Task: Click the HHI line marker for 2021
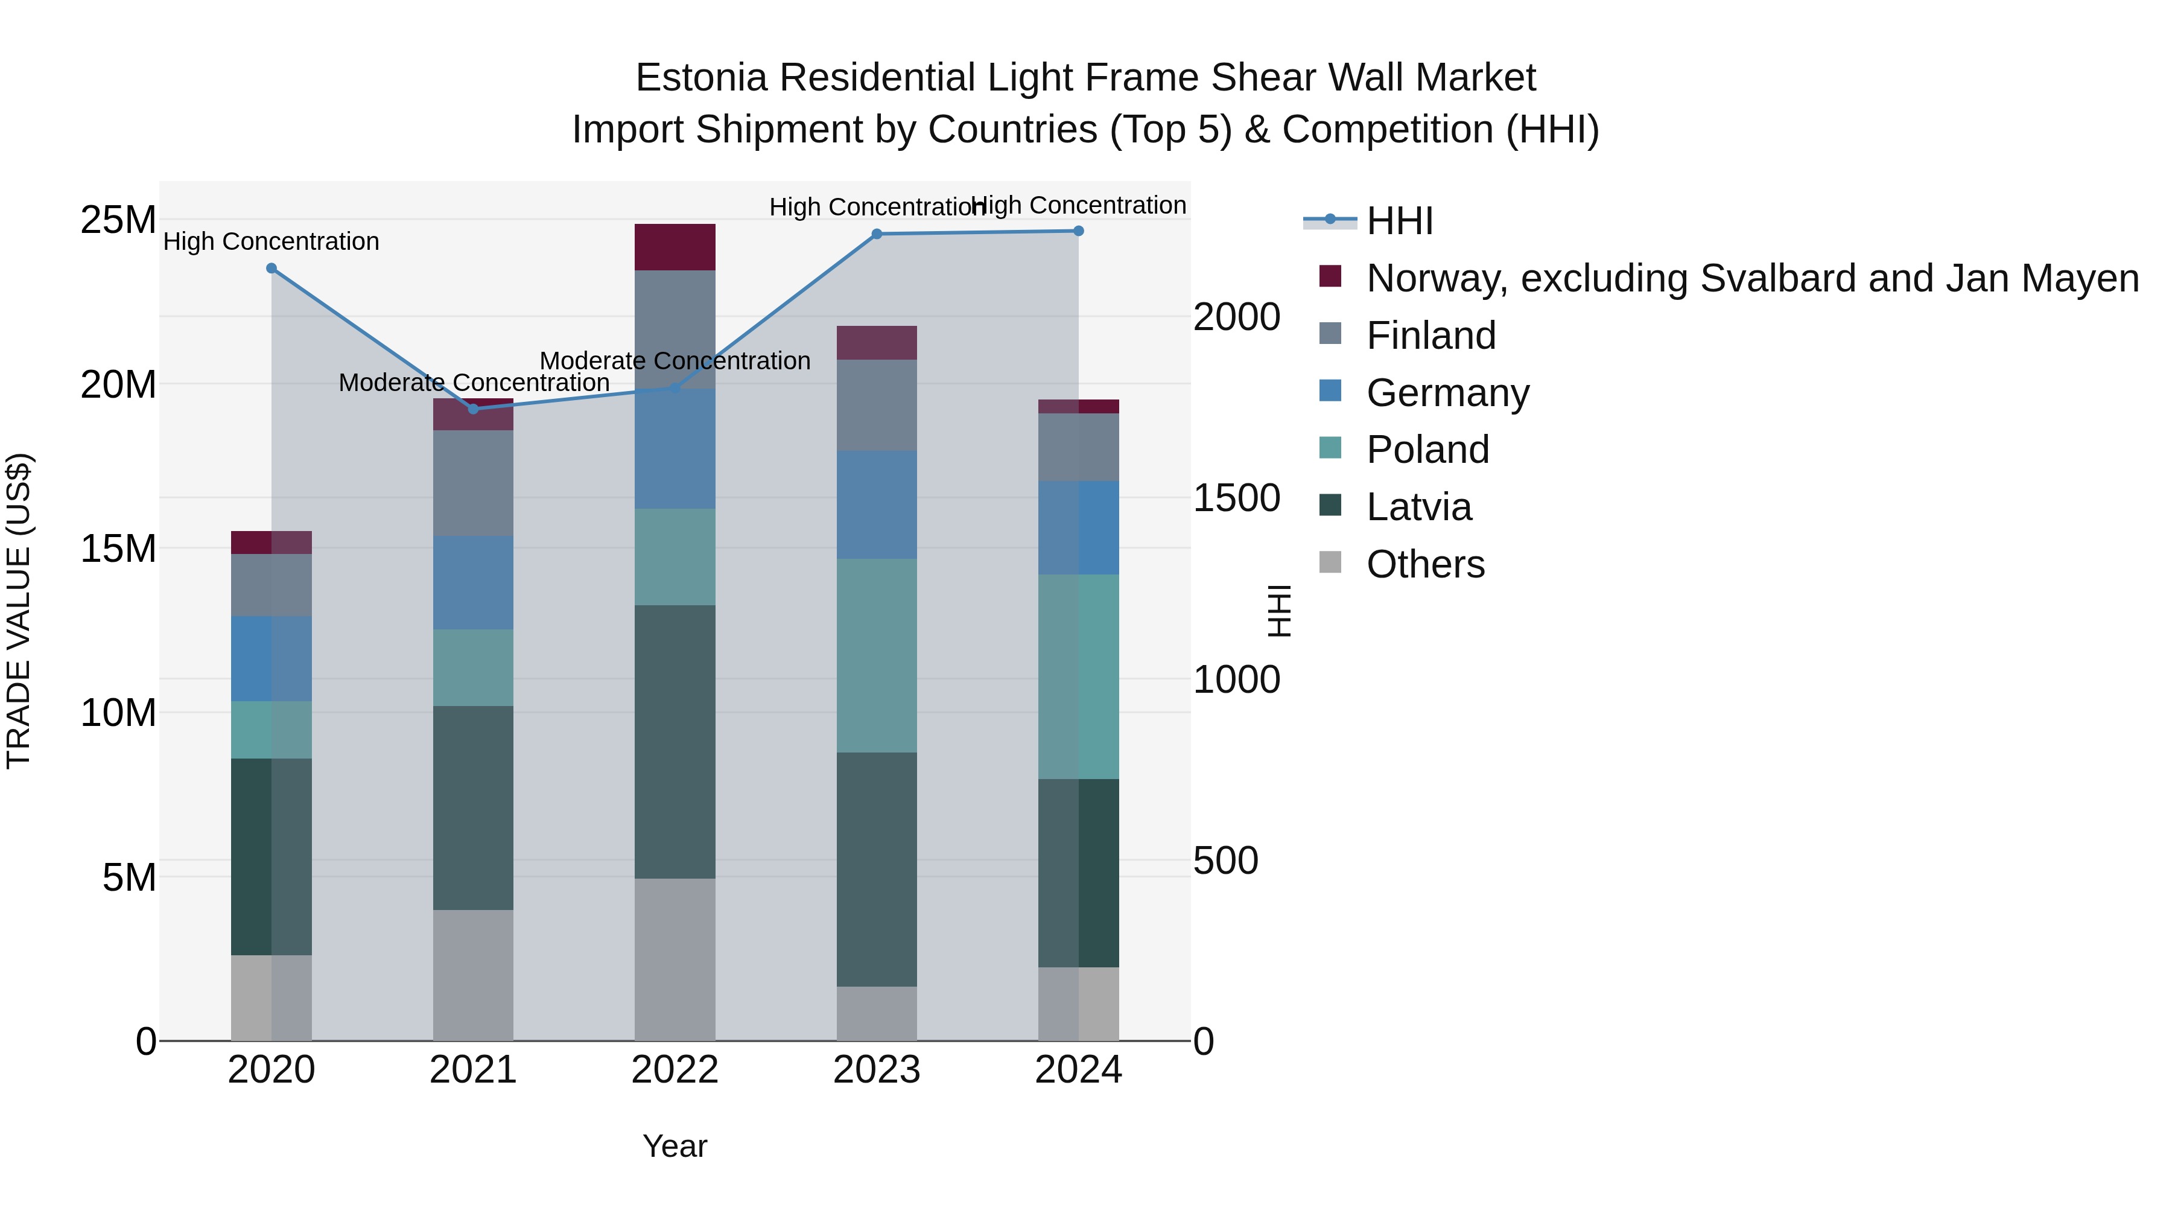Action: click(x=473, y=409)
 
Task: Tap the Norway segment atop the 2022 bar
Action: click(x=675, y=247)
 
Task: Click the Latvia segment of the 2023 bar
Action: click(x=877, y=868)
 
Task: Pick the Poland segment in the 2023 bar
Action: click(x=877, y=655)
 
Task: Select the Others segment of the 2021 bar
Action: click(x=473, y=975)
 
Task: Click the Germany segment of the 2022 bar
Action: click(x=675, y=448)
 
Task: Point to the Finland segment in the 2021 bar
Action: click(x=473, y=483)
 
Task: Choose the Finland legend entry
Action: click(x=1431, y=336)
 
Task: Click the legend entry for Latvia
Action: click(x=1419, y=507)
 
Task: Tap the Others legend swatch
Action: click(x=1330, y=562)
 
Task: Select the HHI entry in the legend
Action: click(x=1400, y=221)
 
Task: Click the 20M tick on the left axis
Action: click(x=118, y=384)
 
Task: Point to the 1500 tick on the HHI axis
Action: click(x=1236, y=498)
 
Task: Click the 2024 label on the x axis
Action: click(x=1078, y=1070)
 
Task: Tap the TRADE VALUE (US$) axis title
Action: click(x=19, y=611)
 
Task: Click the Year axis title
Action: click(x=675, y=1146)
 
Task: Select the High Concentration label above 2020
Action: click(x=271, y=242)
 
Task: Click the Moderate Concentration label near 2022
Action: click(x=675, y=361)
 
